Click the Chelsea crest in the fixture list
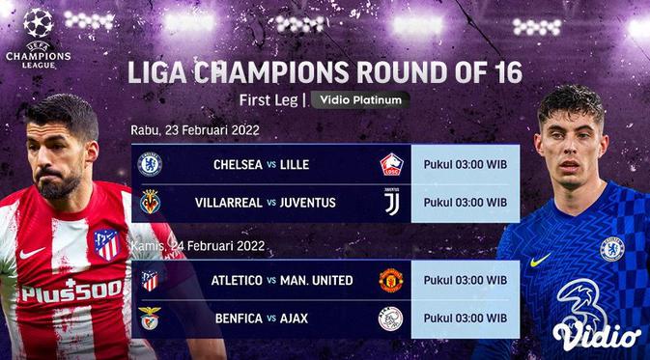point(150,164)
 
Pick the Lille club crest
point(389,164)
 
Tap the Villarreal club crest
point(150,203)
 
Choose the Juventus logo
point(389,203)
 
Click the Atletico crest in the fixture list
point(150,281)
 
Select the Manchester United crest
point(389,281)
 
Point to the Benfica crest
point(150,318)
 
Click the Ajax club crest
point(389,318)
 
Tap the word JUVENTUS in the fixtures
point(309,203)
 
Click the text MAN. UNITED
point(318,281)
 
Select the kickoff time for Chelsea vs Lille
point(466,164)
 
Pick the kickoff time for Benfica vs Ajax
point(466,318)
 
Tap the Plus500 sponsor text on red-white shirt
point(72,290)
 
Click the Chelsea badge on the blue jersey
point(612,248)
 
